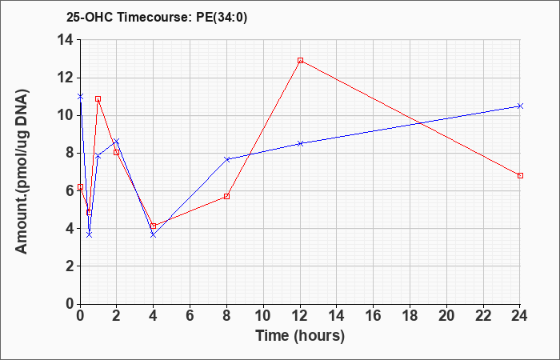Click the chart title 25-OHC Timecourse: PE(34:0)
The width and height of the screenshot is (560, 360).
157,17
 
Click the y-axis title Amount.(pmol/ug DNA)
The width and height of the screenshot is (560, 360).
22,171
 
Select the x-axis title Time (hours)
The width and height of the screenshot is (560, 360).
300,336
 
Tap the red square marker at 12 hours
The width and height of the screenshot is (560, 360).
300,60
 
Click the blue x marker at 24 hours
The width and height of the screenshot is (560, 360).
520,106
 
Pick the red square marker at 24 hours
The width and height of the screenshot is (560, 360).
520,176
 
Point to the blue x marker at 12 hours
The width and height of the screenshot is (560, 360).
300,143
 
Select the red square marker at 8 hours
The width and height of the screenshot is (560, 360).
226,197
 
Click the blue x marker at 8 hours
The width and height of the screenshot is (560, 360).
226,159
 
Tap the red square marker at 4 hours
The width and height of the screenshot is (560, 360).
154,226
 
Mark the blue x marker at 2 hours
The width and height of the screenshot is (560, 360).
117,142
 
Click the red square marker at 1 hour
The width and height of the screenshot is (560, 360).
98,99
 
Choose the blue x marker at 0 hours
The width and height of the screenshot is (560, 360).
80,97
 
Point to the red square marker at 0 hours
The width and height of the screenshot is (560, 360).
80,186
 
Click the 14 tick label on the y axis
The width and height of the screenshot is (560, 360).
66,40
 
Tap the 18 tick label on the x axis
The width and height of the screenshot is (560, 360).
410,316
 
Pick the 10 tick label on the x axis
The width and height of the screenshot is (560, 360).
263,316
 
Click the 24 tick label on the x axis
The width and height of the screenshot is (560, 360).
520,316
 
